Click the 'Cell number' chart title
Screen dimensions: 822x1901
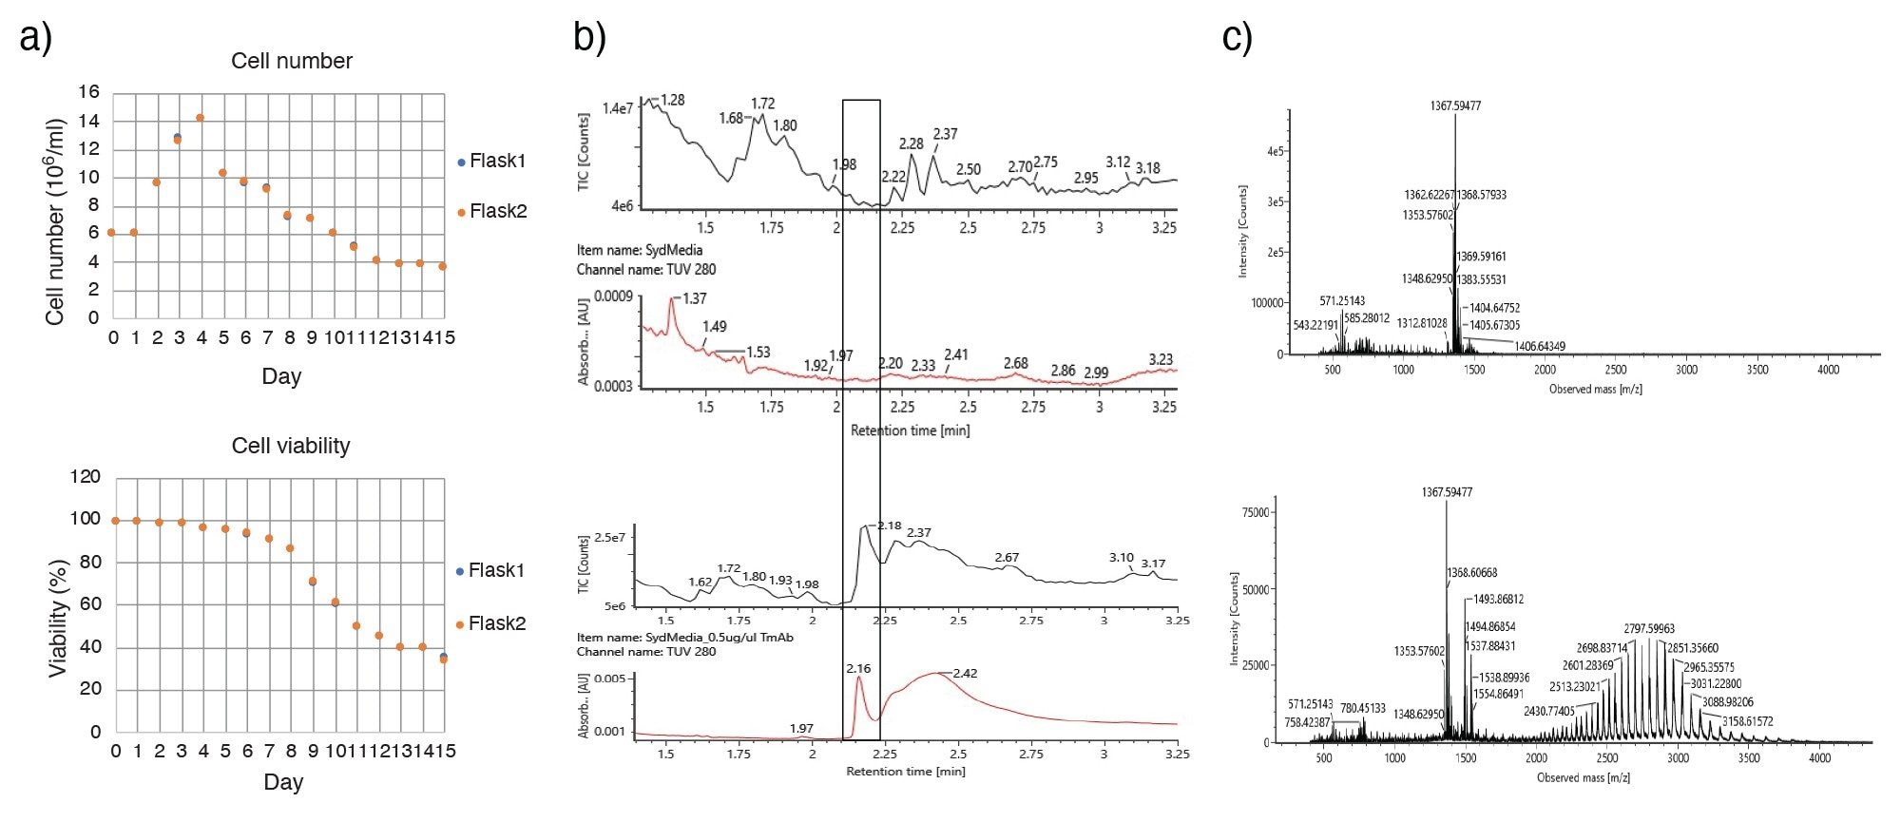(291, 61)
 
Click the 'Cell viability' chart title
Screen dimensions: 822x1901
(291, 446)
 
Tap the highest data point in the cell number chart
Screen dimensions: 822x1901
(201, 118)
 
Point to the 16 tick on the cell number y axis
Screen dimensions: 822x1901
(88, 92)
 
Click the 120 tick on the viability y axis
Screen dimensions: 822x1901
(86, 477)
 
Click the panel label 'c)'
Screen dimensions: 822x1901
(1237, 38)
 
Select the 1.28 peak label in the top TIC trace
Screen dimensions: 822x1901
(672, 100)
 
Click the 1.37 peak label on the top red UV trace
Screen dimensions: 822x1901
(694, 298)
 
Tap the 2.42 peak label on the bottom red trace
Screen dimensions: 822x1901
(965, 673)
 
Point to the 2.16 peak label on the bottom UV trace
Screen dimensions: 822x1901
(858, 668)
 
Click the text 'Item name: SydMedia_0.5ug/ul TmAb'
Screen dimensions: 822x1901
(684, 637)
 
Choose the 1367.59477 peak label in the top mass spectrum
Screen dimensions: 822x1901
(1455, 105)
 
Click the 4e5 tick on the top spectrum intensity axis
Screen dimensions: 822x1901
(1274, 151)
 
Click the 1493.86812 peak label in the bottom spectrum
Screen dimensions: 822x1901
(1499, 600)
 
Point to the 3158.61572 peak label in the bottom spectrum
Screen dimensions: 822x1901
(1747, 721)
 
